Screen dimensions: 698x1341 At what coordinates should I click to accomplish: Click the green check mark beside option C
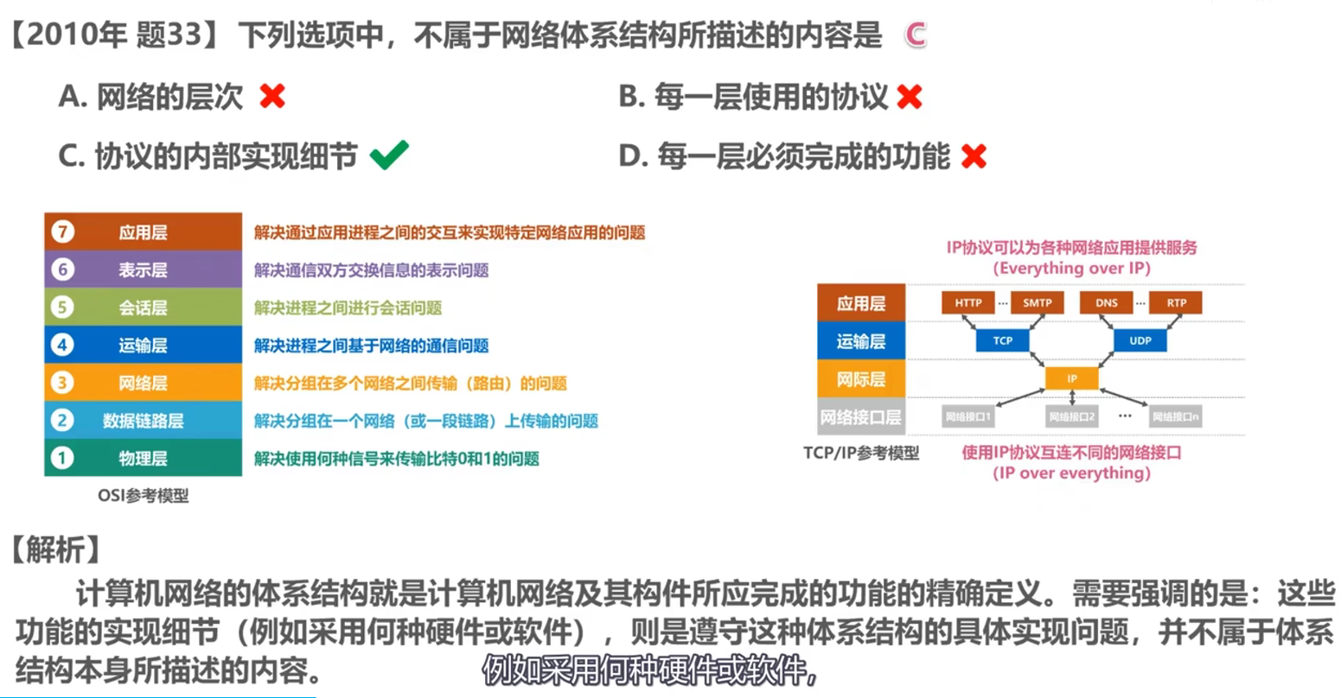[389, 155]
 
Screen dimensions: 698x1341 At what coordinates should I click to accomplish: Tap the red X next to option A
[272, 96]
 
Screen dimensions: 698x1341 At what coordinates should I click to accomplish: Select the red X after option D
[974, 156]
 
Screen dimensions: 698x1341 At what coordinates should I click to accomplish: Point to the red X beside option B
[910, 97]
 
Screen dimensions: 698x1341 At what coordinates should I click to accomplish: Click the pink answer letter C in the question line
[915, 35]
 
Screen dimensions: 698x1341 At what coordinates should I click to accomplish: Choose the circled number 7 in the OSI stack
[62, 232]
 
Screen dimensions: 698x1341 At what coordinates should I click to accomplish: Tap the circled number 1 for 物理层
[62, 458]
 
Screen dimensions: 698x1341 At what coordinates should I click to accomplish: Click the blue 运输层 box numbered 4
[144, 345]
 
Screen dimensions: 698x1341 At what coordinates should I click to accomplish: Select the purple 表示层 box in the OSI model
[144, 270]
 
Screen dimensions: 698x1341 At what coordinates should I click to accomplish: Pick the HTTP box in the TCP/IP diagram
[967, 302]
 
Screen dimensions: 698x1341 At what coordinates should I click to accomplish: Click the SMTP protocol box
[1037, 302]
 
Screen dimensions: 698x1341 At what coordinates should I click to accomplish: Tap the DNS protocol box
[1106, 302]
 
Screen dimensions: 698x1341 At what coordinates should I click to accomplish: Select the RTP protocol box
[1176, 302]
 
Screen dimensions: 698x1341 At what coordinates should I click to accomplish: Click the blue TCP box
[1002, 340]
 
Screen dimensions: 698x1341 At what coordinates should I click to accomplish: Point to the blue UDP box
[1140, 340]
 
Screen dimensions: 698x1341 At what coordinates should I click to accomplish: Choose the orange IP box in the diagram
[1071, 378]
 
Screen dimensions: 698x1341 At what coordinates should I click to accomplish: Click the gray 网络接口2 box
[1071, 416]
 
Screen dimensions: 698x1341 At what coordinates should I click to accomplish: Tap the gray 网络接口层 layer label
[860, 417]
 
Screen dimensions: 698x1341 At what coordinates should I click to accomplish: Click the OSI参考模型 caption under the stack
[143, 496]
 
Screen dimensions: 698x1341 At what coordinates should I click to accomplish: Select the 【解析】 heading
[55, 549]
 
